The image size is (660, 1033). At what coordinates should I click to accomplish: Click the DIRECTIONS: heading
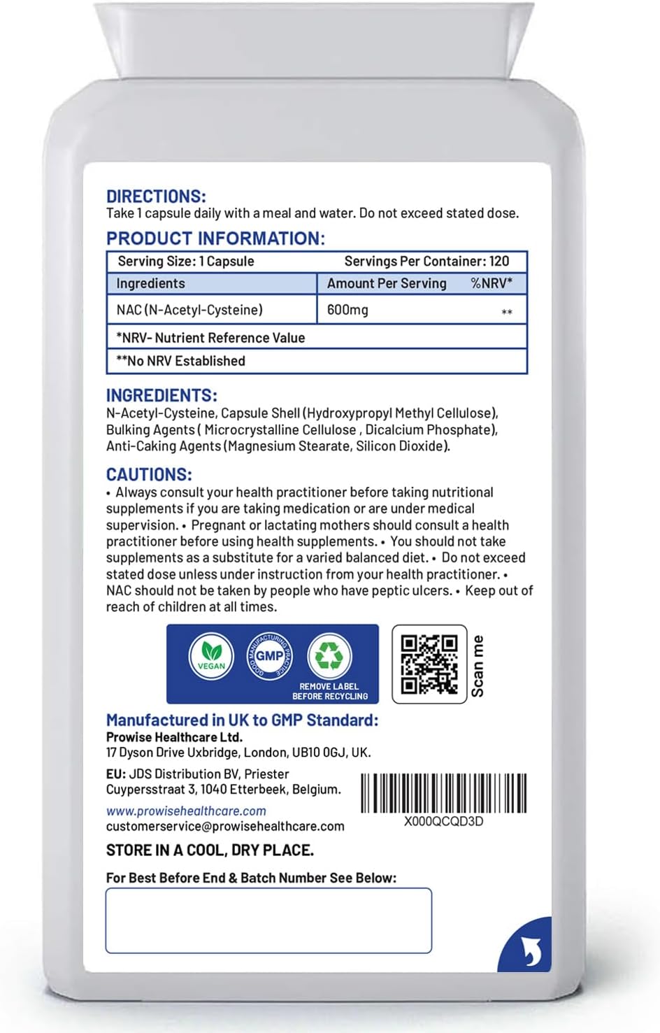pos(156,197)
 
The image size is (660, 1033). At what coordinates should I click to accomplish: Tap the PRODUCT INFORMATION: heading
pos(215,238)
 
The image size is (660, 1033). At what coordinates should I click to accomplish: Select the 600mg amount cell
pos(347,310)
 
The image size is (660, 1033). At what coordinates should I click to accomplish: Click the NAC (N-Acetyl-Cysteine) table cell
pos(189,310)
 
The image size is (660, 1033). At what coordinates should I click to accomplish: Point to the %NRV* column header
pos(491,283)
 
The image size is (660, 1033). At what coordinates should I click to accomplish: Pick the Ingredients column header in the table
pos(150,283)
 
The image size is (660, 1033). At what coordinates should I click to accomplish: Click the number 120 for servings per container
pos(499,262)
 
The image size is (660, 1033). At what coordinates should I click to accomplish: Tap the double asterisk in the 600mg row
pos(507,312)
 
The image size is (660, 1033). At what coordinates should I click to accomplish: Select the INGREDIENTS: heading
pos(162,395)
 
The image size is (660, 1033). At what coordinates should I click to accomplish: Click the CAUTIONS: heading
pos(149,474)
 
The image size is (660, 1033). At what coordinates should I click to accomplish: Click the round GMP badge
pos(269,656)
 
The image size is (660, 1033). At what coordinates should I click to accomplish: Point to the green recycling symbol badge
pos(329,655)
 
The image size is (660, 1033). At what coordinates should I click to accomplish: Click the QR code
pos(429,664)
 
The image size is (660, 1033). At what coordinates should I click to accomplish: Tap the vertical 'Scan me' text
pos(478,665)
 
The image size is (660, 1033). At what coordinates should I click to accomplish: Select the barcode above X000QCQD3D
pos(444,793)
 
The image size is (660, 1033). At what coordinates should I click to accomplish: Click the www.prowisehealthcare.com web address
pos(186,811)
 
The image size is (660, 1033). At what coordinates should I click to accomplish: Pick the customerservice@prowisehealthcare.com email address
pos(225,827)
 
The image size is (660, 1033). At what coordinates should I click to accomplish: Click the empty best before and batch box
pos(268,920)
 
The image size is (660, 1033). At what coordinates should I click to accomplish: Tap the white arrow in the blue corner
pos(531,950)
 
